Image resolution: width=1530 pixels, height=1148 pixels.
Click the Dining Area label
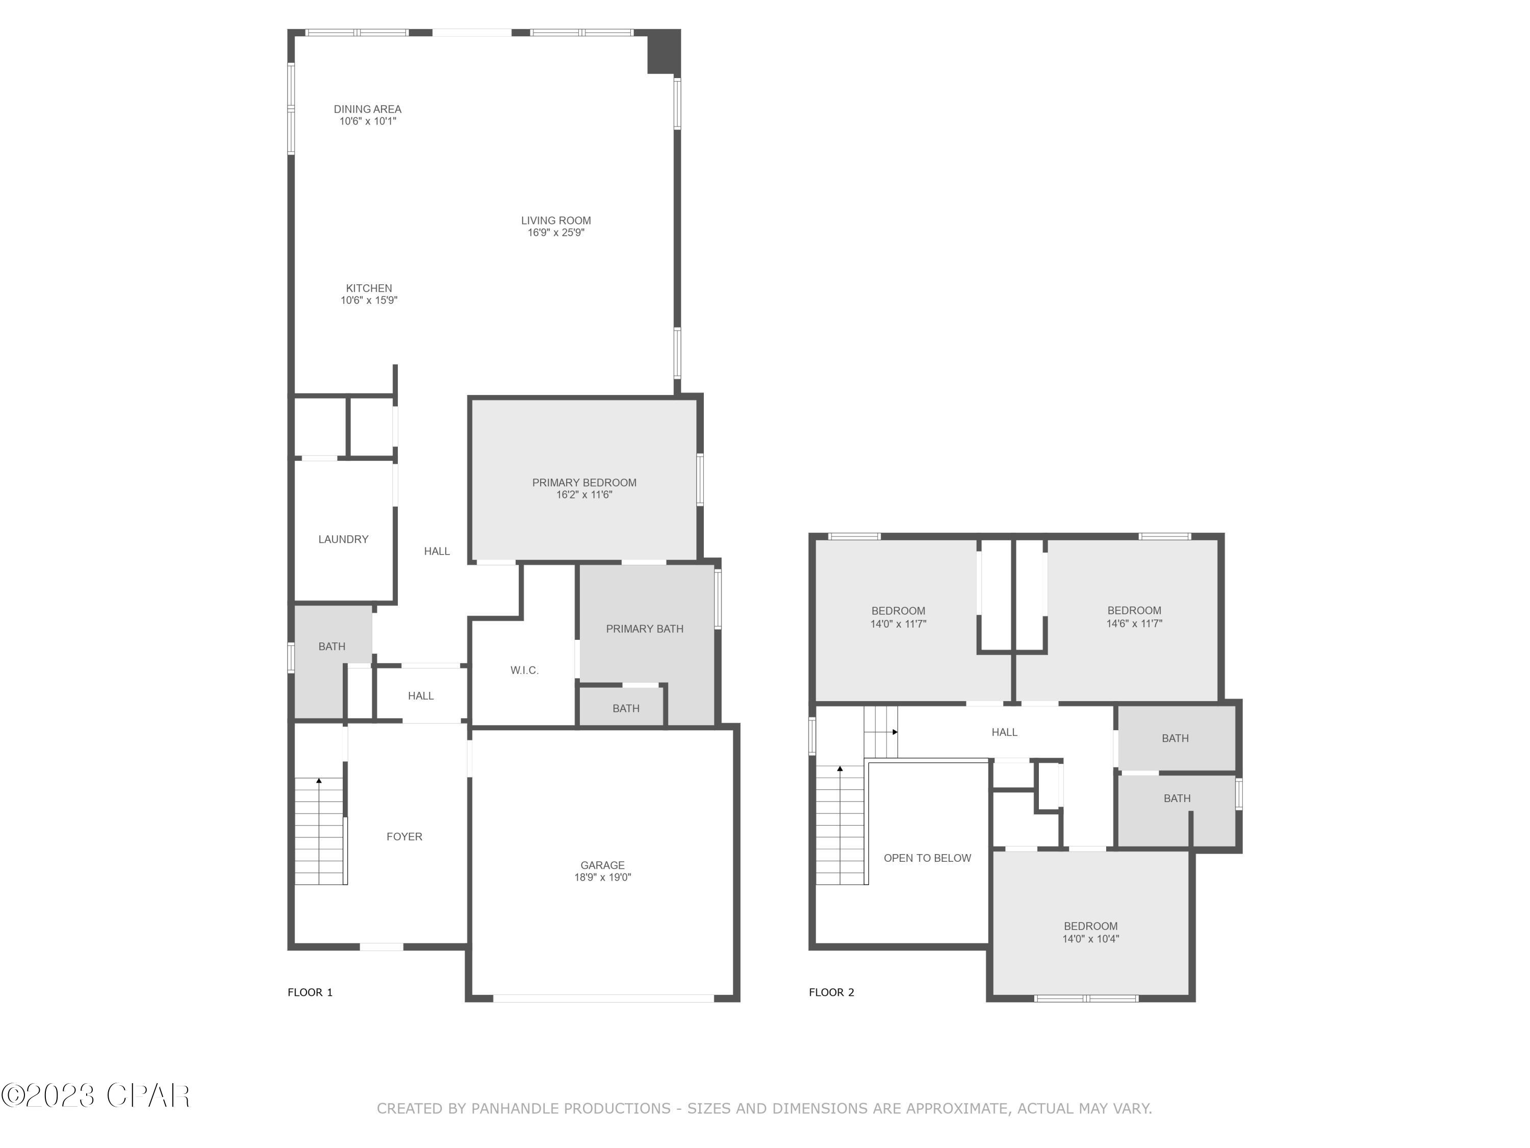(x=367, y=109)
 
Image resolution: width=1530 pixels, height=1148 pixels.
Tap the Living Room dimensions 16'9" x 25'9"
(x=555, y=233)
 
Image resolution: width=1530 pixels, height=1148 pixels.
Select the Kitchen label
(x=369, y=289)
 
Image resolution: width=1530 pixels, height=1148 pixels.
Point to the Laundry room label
(x=343, y=539)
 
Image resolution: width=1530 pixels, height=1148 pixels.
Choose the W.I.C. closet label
(x=524, y=670)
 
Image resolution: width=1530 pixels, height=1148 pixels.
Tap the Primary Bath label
(x=644, y=629)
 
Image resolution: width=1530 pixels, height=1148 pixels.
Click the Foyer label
(x=404, y=837)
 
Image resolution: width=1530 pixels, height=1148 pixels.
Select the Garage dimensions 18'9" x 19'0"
(x=602, y=878)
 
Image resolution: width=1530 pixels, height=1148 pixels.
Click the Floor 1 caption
(x=310, y=992)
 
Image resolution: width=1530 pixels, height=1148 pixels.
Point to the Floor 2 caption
(x=831, y=992)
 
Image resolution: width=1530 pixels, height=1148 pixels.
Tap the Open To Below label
(x=927, y=858)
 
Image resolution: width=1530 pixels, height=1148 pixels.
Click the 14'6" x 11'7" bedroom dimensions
(x=1134, y=623)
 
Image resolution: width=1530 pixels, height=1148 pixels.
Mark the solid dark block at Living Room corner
(x=662, y=53)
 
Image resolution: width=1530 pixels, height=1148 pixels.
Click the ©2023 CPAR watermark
(x=95, y=1095)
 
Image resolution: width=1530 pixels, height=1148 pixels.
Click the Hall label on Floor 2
(x=1004, y=732)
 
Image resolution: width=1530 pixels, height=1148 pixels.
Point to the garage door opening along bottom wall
(x=603, y=999)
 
